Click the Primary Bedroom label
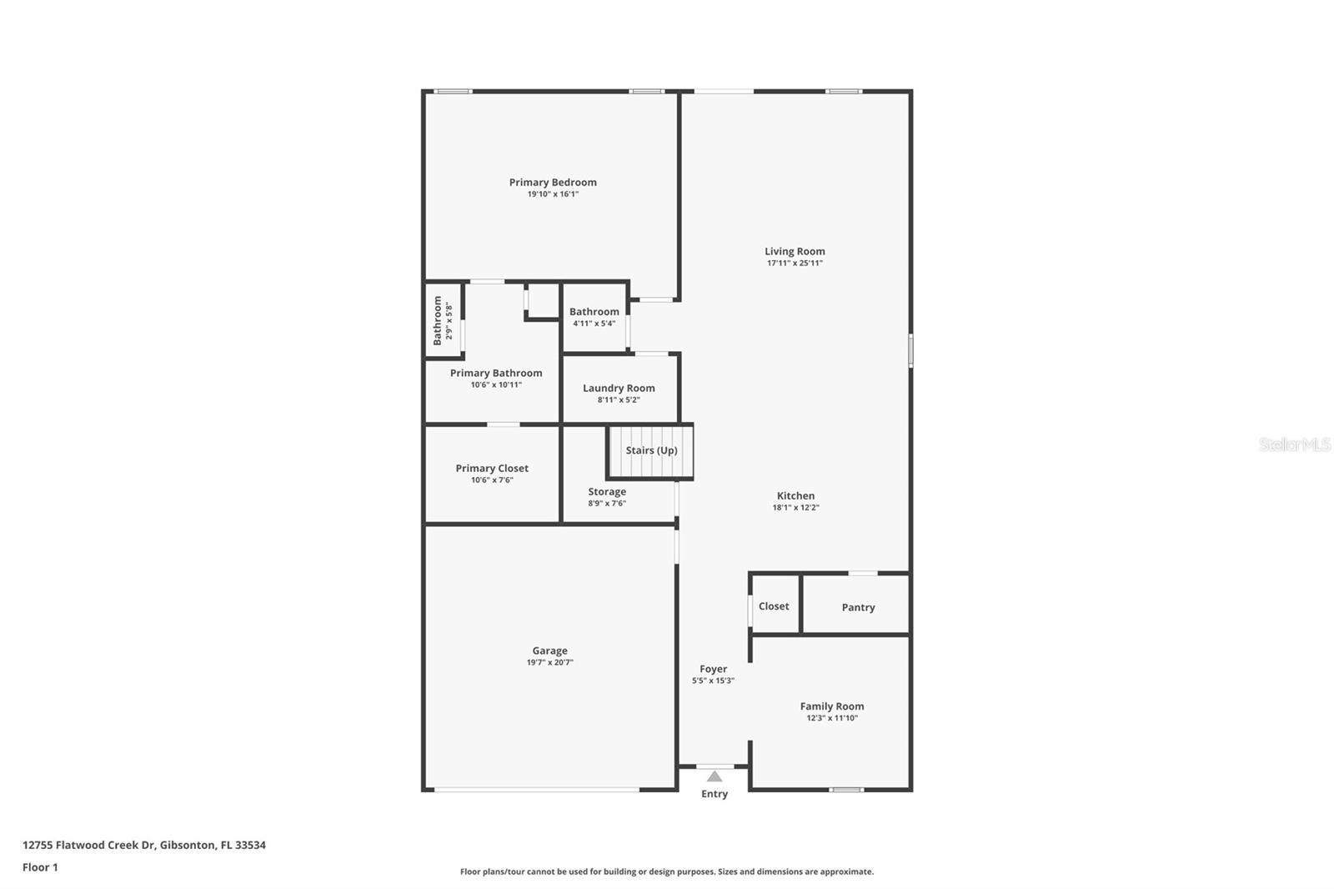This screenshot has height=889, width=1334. pos(553,183)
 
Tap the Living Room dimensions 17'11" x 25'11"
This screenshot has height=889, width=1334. pos(795,263)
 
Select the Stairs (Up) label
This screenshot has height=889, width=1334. pos(651,450)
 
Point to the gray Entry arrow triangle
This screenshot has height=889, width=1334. pos(715,776)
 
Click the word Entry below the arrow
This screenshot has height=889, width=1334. pos(715,794)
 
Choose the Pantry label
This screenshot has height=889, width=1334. pos(858,607)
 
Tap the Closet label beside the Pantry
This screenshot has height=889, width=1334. pos(774,606)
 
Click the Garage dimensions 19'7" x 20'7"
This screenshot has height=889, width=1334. pos(549,662)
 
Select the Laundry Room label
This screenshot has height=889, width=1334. pos(619,388)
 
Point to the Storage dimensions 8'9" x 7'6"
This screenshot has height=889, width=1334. pos(607,503)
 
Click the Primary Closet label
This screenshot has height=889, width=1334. pos(492,469)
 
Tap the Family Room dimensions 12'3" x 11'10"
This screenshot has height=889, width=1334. pos(832,718)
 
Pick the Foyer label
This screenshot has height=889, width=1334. pos(714,669)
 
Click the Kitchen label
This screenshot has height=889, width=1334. pos(795,495)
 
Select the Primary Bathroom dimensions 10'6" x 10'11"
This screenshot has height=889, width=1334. pos(496,385)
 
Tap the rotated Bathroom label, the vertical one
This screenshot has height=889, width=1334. pos(438,320)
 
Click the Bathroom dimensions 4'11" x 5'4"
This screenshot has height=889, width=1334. pos(594,324)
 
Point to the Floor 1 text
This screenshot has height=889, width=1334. pos(41,867)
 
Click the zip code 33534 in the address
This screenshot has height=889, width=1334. pos(250,845)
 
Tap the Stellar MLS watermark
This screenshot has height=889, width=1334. pos(1295,444)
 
